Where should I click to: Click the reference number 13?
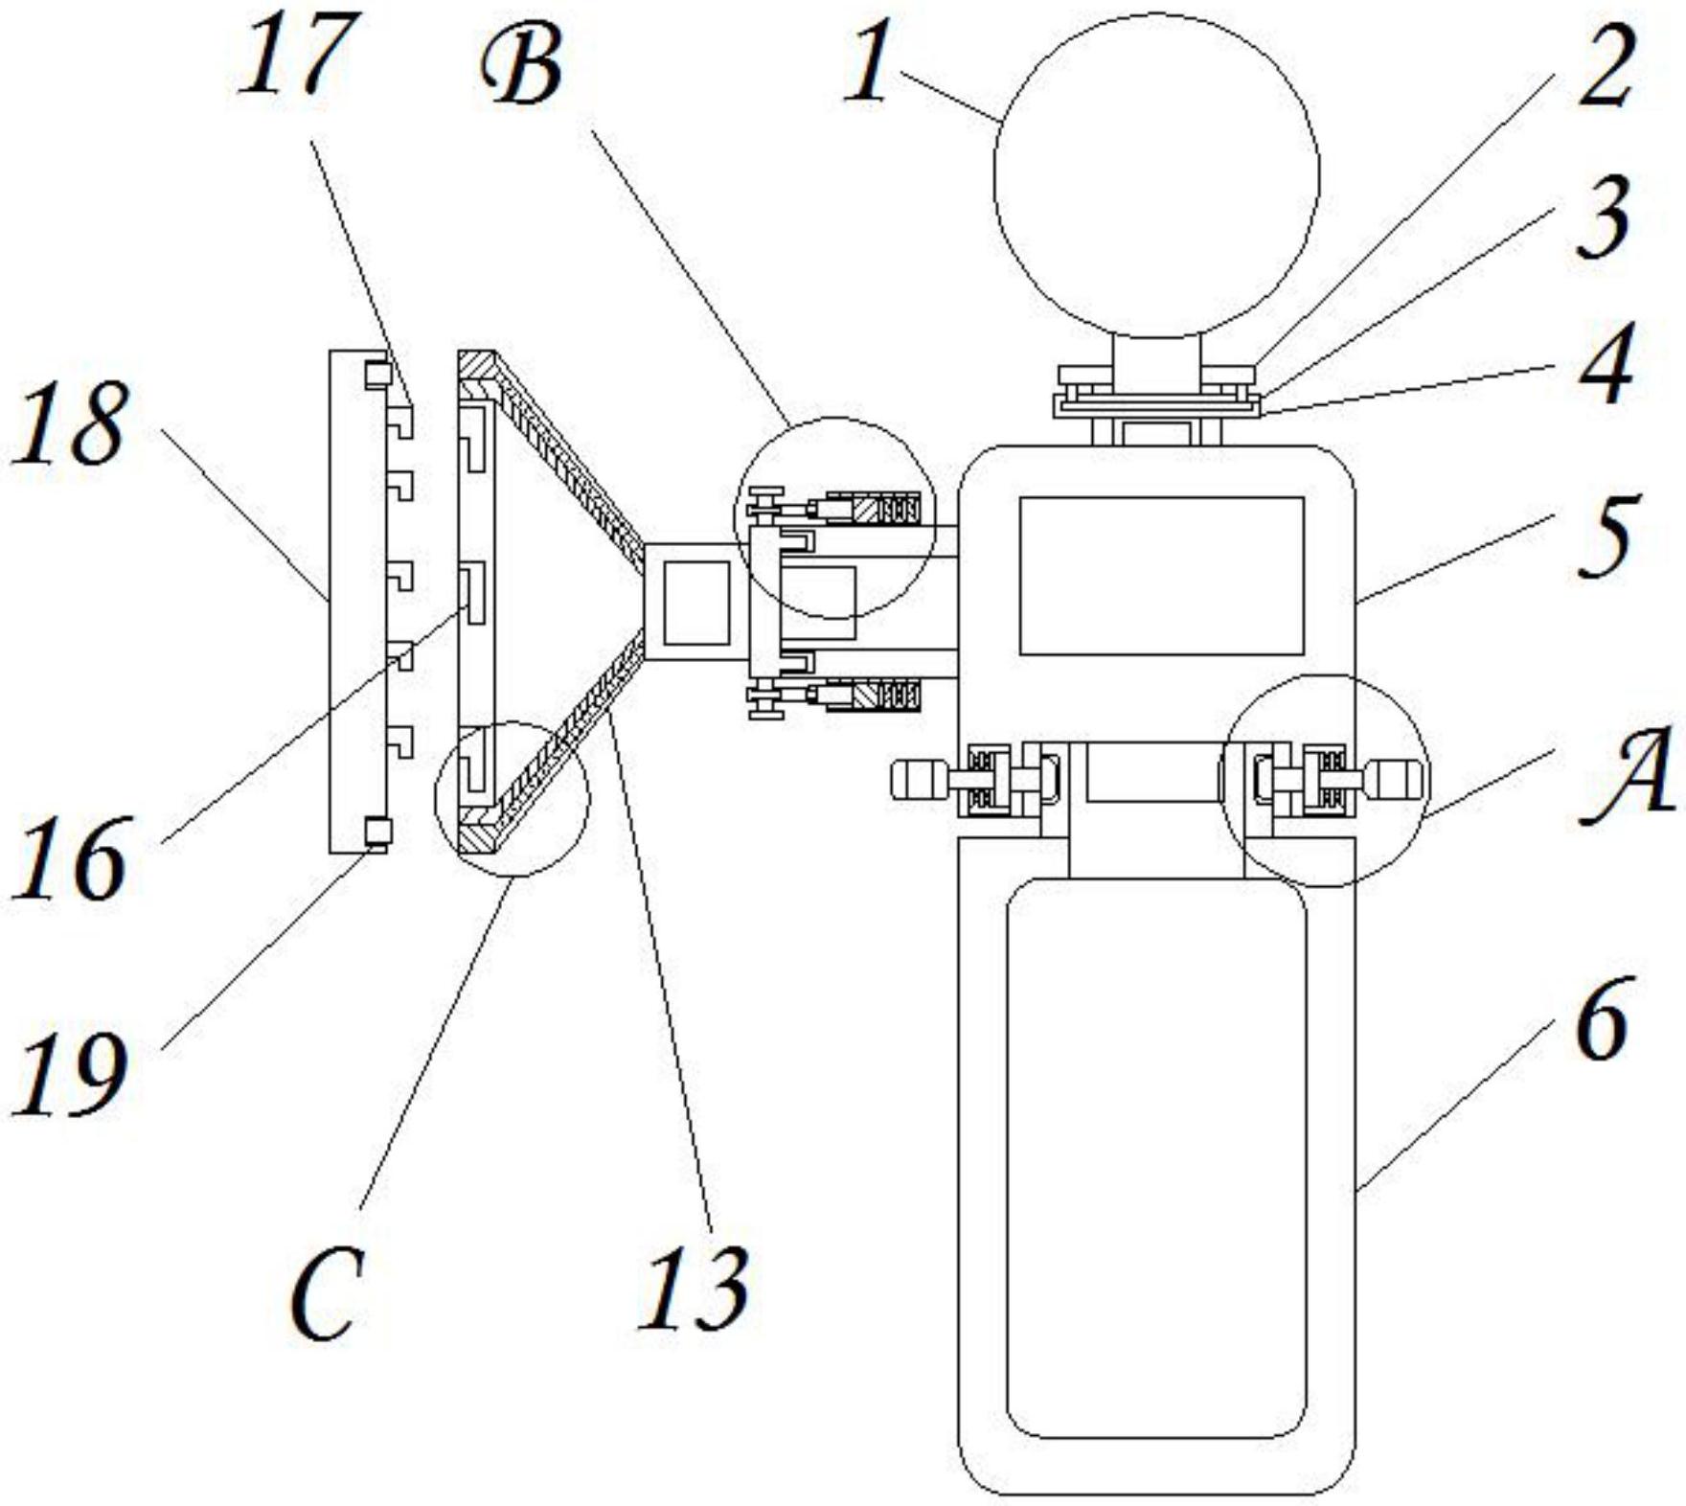tap(694, 1289)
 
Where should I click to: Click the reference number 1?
tap(868, 63)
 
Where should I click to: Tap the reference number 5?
tap(1606, 536)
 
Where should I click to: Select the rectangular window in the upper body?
tap(1162, 576)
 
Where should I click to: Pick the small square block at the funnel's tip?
tap(696, 603)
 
